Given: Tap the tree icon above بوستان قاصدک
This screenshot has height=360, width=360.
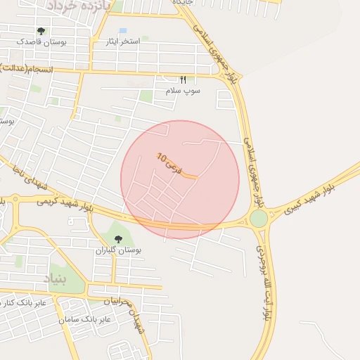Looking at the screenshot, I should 41,32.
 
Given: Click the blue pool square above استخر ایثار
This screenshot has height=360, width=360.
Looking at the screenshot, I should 123,32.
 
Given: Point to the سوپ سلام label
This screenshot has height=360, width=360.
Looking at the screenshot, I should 183,91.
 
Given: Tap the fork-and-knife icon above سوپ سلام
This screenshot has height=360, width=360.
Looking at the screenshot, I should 184,80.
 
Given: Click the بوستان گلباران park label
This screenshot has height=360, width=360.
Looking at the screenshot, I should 118,250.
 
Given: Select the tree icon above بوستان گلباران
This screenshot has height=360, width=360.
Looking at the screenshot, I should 117,239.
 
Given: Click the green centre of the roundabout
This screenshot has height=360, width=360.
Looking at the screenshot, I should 259,219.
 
